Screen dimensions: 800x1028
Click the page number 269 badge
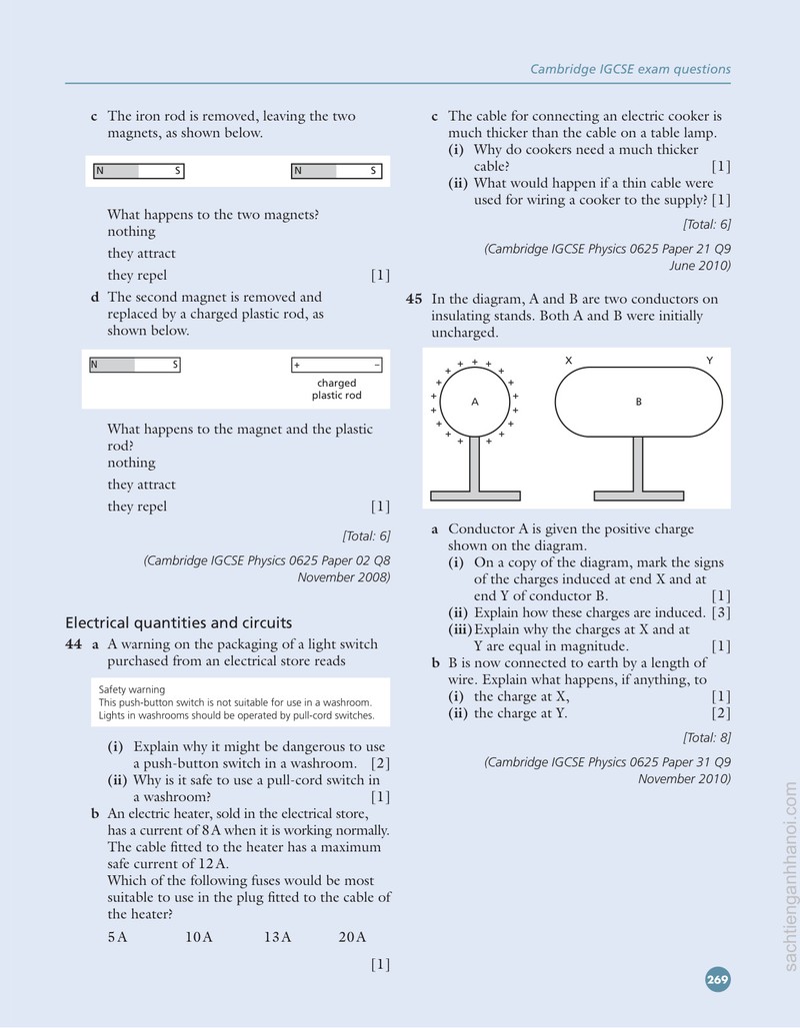tap(717, 979)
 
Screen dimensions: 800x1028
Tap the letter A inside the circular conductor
tap(474, 402)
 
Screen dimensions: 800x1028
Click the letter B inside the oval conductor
tap(639, 402)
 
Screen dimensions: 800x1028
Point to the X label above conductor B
tap(568, 360)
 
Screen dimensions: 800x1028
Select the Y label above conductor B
tap(709, 360)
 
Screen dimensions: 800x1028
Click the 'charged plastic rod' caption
tap(337, 389)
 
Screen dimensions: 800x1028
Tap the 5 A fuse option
tap(117, 937)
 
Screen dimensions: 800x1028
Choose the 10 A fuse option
tap(199, 937)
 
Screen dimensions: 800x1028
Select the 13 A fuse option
tap(278, 937)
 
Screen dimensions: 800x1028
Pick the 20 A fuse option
tap(352, 937)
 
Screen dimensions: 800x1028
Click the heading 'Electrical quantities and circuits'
tap(179, 622)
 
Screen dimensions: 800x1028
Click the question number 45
tap(414, 299)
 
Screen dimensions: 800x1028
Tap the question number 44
tap(74, 643)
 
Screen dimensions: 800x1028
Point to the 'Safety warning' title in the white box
tap(132, 689)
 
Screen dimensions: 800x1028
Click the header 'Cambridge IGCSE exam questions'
tap(630, 69)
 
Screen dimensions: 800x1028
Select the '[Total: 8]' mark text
tap(707, 737)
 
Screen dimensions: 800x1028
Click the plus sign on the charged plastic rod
tap(297, 366)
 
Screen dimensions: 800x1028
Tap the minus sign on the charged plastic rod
tap(377, 366)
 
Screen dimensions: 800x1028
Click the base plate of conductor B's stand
tap(639, 496)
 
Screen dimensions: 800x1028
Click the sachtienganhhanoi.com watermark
tap(789, 876)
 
